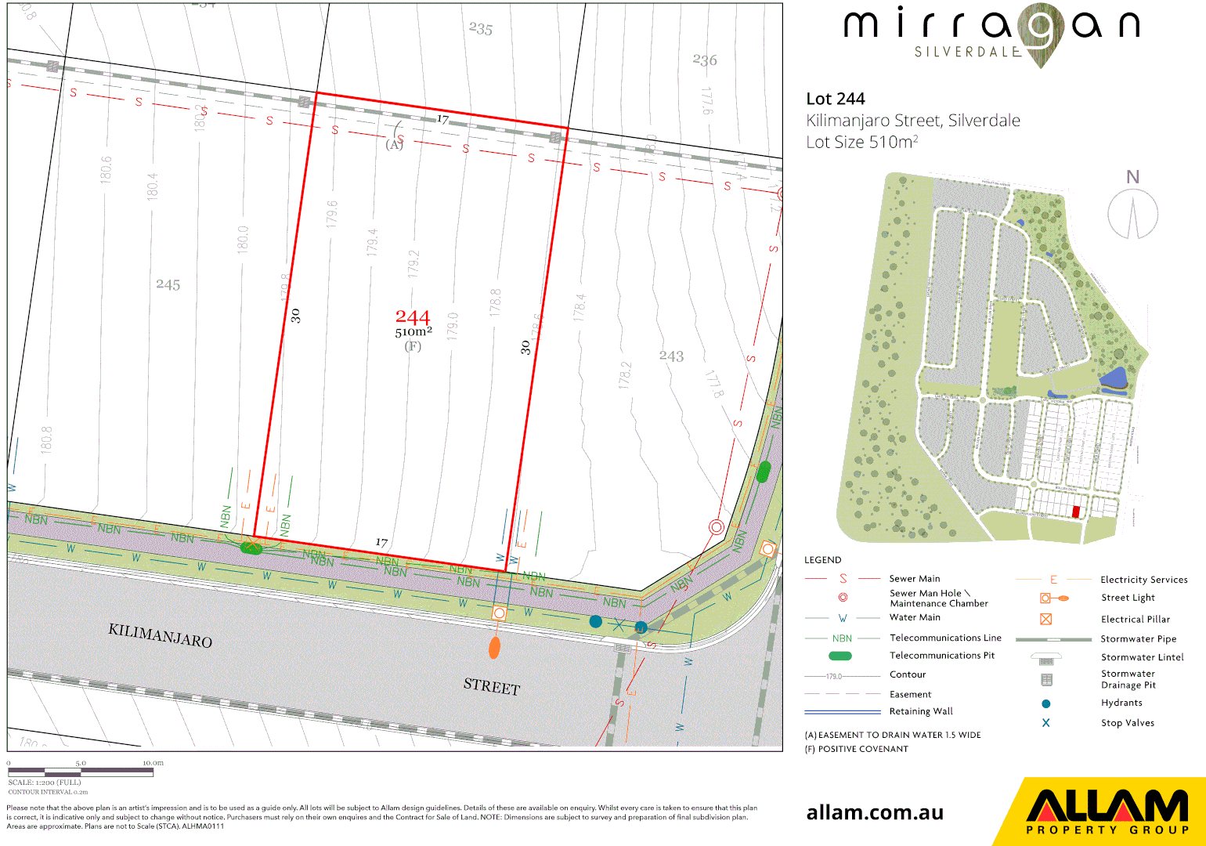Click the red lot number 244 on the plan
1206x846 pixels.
pos(413,317)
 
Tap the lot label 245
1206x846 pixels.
pos(168,284)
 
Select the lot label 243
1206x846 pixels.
pos(671,356)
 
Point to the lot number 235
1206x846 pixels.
pos(481,29)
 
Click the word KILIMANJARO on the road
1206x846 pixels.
pos(161,635)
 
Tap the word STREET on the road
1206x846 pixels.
pos(492,686)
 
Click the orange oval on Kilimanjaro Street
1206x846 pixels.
pos(494,648)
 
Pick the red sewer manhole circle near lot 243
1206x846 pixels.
pos(716,527)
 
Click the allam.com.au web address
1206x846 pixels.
pos(875,812)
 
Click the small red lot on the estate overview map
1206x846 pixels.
pos(1076,512)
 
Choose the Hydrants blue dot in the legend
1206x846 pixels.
pos(1045,703)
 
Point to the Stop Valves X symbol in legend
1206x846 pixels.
pos(1045,723)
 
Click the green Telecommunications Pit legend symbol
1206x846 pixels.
pos(840,656)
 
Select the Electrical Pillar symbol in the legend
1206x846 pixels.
pos(1045,619)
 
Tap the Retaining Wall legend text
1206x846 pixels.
pos(921,711)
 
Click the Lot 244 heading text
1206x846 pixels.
pos(836,99)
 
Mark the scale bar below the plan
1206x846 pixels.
pos(81,772)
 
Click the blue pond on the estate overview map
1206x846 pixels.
pos(1115,379)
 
